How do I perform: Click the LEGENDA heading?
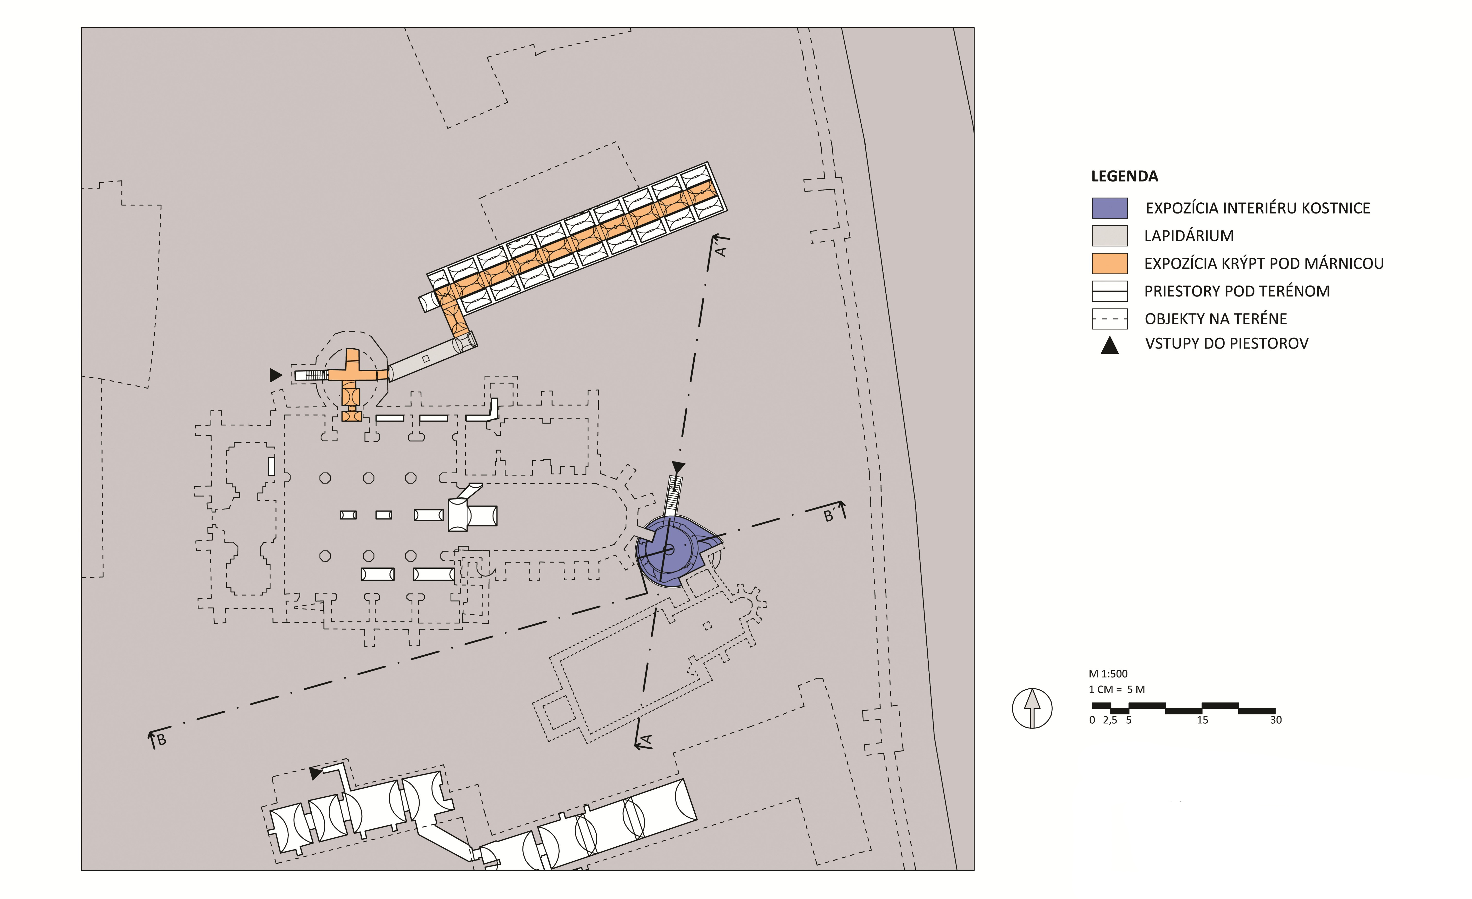pyautogui.click(x=1124, y=176)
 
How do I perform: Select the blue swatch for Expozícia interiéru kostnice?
pyautogui.click(x=1109, y=208)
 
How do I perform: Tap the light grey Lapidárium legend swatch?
pyautogui.click(x=1109, y=235)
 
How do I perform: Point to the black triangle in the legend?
pyautogui.click(x=1109, y=345)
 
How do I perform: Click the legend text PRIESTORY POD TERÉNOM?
pyautogui.click(x=1237, y=291)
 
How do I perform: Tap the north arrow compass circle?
pyautogui.click(x=1032, y=708)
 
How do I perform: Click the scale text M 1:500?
pyautogui.click(x=1108, y=674)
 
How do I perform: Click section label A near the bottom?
pyautogui.click(x=646, y=739)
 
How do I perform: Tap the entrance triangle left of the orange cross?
pyautogui.click(x=275, y=375)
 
